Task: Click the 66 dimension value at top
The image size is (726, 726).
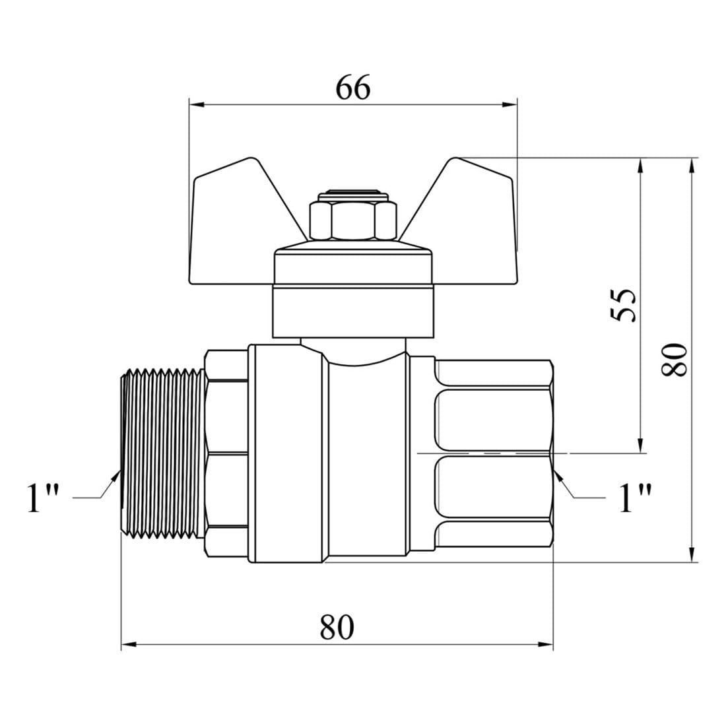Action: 353,87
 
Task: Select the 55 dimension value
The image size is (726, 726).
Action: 623,305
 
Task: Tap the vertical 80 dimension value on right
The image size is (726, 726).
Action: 674,360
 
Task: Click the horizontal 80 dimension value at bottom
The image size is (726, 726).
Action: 337,627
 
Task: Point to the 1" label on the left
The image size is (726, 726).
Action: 43,498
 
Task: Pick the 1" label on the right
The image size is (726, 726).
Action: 635,498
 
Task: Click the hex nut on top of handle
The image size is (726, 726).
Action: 353,218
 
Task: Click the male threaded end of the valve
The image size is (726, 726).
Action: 162,454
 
